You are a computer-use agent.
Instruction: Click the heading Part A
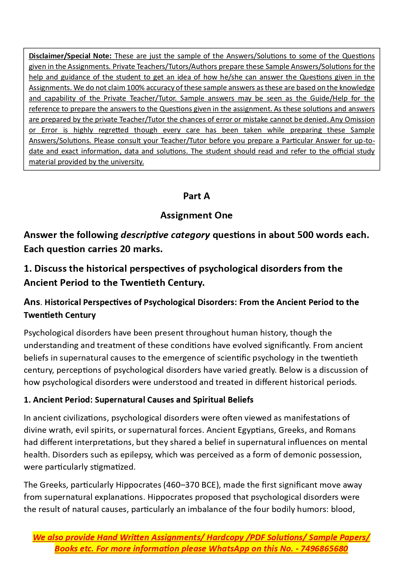196,196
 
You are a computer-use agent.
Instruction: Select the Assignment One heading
196,215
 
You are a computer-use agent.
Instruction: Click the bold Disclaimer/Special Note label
70,56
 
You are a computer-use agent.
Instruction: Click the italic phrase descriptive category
165,235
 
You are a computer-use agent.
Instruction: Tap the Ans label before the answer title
32,302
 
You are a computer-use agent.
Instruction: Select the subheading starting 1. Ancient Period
139,400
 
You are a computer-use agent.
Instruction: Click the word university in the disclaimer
127,162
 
